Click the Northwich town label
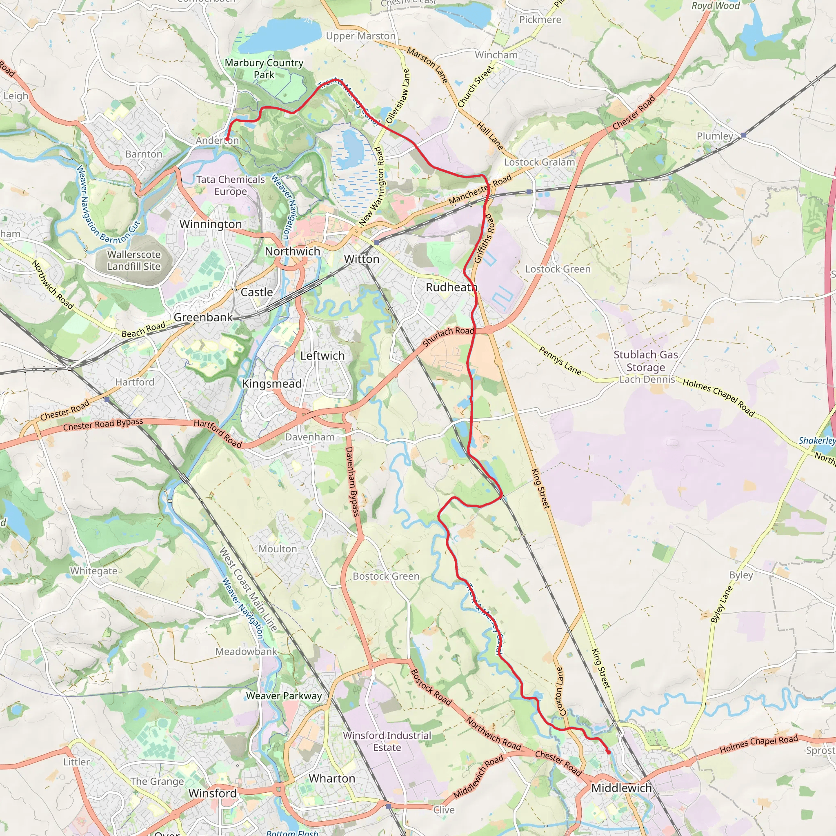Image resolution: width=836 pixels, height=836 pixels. (293, 251)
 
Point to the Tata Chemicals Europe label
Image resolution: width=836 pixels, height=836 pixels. (230, 185)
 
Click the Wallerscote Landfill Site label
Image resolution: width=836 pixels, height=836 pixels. (134, 260)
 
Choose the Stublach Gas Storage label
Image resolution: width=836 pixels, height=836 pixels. (646, 361)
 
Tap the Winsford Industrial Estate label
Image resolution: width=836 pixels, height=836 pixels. (387, 741)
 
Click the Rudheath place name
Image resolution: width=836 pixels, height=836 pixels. (451, 287)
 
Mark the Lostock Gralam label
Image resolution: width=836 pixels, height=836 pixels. (539, 162)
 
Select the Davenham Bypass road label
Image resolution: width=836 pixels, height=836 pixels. (352, 482)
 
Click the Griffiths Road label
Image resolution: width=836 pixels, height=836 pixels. (484, 238)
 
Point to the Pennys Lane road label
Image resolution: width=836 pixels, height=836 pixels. (560, 360)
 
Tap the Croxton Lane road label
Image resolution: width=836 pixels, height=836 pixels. (559, 691)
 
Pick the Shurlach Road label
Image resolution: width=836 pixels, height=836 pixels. (448, 336)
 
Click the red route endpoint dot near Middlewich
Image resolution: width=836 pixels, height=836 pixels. (609, 752)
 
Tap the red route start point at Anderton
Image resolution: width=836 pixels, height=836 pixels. (227, 139)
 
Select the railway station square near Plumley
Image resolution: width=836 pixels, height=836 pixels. (743, 136)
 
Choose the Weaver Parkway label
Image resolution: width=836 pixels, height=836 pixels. (284, 696)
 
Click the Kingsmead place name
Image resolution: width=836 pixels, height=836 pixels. (272, 384)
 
